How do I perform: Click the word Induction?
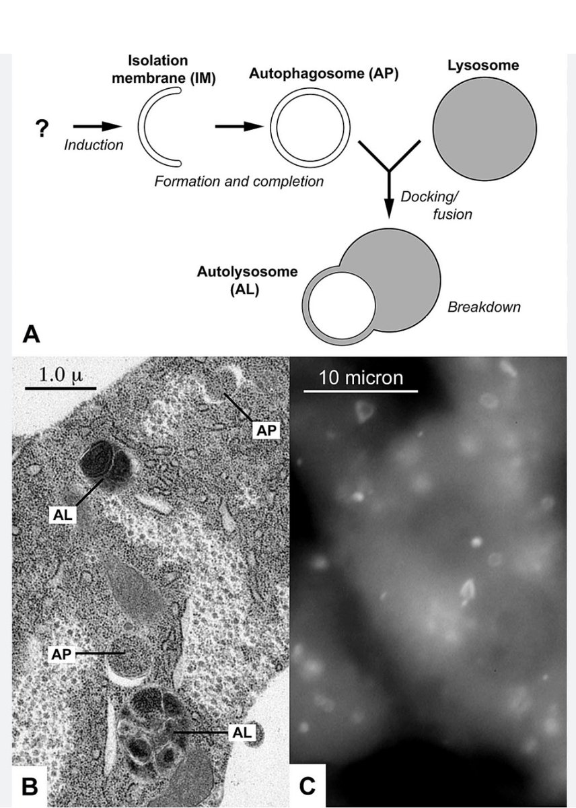[x=94, y=145]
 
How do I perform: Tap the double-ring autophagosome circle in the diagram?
[x=311, y=126]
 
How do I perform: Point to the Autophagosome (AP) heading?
[x=324, y=74]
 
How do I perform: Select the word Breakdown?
[x=484, y=307]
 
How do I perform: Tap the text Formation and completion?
[x=239, y=181]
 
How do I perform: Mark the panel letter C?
[x=307, y=784]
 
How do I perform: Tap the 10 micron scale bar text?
[x=361, y=377]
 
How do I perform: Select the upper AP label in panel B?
[x=266, y=430]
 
